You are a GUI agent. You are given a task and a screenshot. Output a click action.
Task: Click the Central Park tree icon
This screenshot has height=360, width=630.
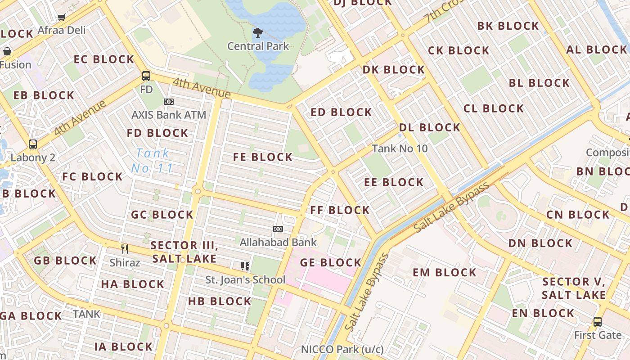[x=258, y=32]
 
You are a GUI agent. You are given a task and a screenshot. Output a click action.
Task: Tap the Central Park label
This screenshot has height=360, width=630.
[x=258, y=46]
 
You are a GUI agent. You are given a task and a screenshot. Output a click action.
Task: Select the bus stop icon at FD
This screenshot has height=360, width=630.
[x=146, y=76]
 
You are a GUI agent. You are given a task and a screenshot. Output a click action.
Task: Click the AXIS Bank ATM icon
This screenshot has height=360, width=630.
[x=169, y=102]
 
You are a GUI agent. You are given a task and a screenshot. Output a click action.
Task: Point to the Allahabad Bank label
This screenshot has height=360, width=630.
[x=278, y=243]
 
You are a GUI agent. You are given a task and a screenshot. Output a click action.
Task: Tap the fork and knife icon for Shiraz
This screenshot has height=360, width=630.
[x=125, y=249]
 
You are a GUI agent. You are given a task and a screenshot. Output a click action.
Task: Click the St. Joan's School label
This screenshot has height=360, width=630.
[x=245, y=280]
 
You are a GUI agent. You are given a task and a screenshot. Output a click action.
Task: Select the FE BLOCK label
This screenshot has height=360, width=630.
[x=263, y=157]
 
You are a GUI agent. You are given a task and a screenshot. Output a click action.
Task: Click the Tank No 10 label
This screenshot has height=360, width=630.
[x=400, y=148]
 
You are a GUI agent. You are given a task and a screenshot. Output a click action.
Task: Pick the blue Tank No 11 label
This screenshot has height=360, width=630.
[x=153, y=161]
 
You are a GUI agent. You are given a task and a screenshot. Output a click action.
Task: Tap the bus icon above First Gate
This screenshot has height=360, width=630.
[x=598, y=322]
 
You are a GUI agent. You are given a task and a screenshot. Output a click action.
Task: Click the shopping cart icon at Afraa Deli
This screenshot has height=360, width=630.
[x=62, y=17]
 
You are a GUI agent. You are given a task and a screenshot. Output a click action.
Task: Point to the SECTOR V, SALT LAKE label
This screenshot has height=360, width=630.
[x=574, y=288]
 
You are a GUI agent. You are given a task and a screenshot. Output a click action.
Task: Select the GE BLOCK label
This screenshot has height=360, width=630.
[x=331, y=263]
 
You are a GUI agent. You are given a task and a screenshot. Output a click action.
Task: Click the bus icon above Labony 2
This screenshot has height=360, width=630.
[x=33, y=144]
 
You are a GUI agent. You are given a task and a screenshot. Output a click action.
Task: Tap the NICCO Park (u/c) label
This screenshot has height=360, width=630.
[x=342, y=350]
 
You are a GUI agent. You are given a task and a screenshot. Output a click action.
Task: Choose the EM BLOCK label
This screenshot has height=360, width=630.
[x=444, y=273]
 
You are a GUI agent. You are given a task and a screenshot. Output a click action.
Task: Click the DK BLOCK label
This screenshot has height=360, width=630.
[x=394, y=70]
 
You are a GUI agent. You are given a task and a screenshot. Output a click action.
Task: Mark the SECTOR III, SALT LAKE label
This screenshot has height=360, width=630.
[x=184, y=252]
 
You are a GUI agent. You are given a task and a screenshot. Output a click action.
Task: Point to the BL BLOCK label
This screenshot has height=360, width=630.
[x=539, y=83]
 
